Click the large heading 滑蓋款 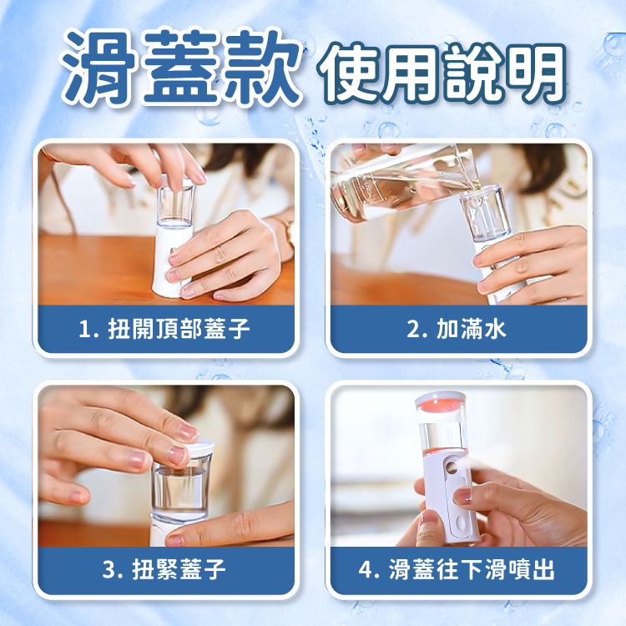(x=181, y=67)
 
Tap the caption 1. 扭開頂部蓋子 (x=164, y=329)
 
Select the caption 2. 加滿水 (x=457, y=329)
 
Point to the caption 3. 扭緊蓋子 (x=164, y=569)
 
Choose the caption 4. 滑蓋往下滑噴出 (x=457, y=569)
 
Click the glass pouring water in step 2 (x=403, y=184)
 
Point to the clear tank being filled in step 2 (x=485, y=214)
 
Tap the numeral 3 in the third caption (x=109, y=570)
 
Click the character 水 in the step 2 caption (x=495, y=329)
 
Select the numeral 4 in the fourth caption (x=366, y=570)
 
